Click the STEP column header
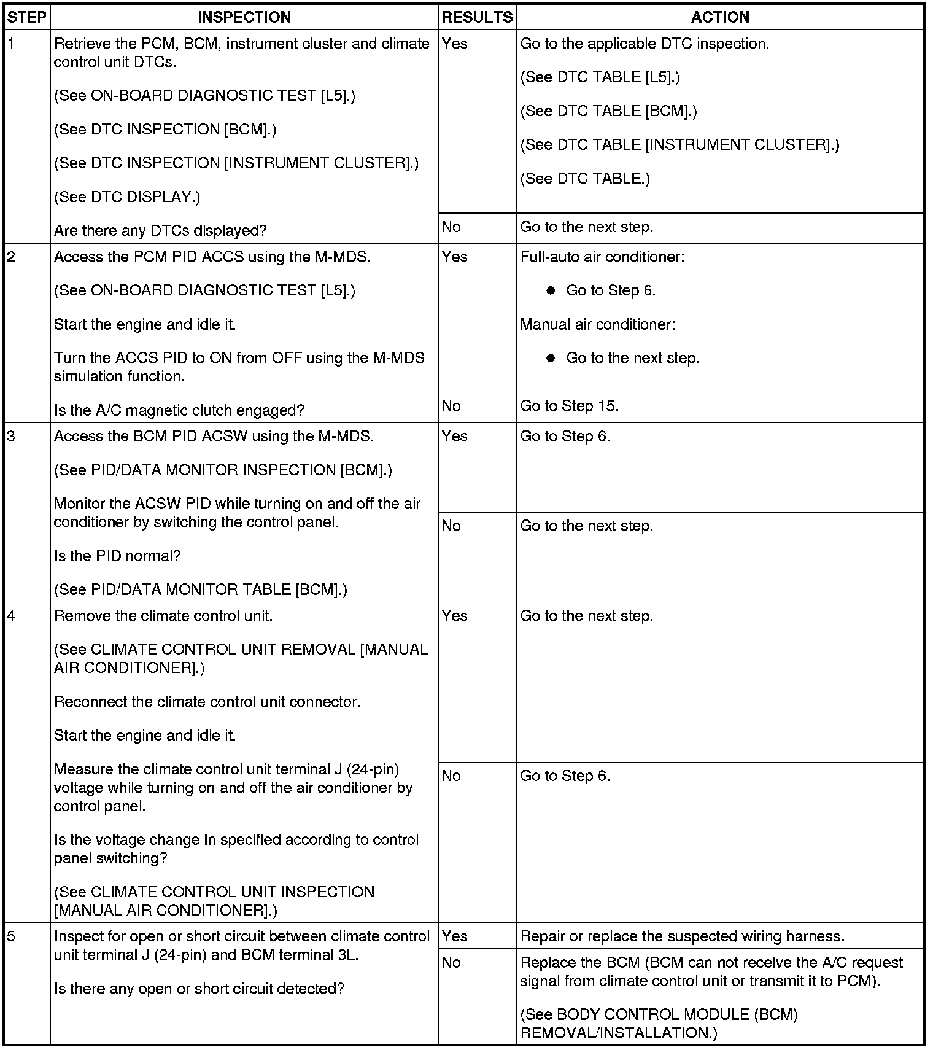click(27, 17)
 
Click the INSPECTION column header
click(244, 17)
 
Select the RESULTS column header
click(477, 17)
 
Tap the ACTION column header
click(720, 17)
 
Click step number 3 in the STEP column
click(12, 437)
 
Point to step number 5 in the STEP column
click(12, 936)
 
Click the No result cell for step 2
click(451, 406)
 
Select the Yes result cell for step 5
click(455, 936)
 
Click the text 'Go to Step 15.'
click(569, 406)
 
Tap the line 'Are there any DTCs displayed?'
click(160, 231)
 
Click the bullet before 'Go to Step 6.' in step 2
click(551, 290)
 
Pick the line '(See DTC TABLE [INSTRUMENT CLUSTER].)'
click(679, 145)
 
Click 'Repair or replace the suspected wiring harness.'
click(682, 936)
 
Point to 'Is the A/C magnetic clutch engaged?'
click(179, 410)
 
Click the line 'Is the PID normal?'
click(117, 556)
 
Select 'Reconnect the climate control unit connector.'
click(207, 702)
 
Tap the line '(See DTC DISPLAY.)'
click(127, 197)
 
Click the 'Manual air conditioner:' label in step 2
click(597, 324)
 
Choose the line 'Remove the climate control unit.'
click(163, 616)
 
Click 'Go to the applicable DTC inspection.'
click(645, 44)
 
